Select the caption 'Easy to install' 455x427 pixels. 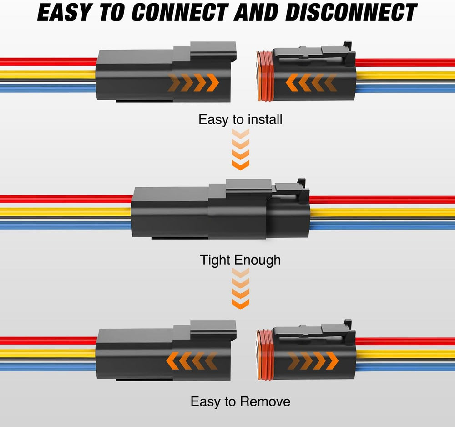coord(240,120)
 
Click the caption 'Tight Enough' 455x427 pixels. coord(240,260)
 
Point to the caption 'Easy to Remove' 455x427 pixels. coord(240,401)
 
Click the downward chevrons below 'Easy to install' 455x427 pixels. coord(240,149)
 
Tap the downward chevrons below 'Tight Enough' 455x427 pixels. coord(240,289)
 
